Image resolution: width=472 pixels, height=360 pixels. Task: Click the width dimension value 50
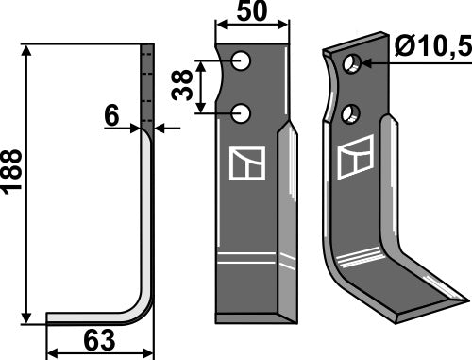pos(249,12)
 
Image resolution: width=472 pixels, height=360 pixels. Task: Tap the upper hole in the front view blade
pos(244,62)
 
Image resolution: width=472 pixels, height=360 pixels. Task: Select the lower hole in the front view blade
pos(244,113)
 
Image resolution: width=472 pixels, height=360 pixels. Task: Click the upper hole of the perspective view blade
pos(351,64)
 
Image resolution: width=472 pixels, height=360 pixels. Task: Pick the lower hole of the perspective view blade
pos(351,113)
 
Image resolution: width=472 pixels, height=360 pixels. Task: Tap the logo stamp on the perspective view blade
pos(361,156)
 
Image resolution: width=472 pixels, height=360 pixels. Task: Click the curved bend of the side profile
pos(142,307)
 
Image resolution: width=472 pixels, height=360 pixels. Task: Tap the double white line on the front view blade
pos(249,257)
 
